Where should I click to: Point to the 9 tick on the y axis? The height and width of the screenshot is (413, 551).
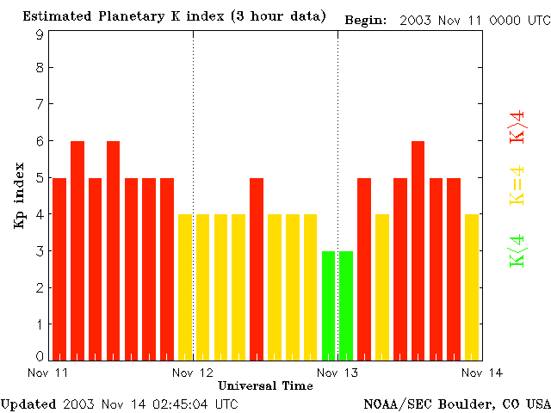[40, 34]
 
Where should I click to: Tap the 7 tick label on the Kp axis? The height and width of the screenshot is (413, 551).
[40, 104]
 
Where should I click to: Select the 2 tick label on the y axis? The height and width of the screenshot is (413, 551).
[40, 287]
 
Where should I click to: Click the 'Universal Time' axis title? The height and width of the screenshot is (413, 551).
[265, 385]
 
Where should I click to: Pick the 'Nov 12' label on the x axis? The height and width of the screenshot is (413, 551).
[193, 372]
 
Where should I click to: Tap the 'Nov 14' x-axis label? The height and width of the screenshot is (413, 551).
[482, 372]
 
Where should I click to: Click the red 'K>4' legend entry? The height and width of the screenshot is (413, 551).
[517, 126]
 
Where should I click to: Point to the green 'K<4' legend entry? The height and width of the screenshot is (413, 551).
[517, 251]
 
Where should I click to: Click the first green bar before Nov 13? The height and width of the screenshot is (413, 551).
[328, 305]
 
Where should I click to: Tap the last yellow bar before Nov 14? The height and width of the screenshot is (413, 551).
[472, 287]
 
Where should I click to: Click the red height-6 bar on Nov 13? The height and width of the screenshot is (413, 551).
[418, 250]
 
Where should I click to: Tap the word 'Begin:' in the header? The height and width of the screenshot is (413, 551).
[366, 19]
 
